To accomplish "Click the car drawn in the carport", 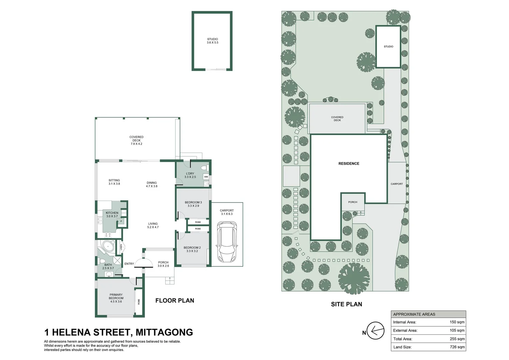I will [227, 242].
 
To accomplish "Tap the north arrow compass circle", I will [376, 331].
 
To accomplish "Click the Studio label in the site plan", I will [388, 47].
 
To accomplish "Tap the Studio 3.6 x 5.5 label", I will [213, 41].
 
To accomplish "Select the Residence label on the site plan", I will [349, 164].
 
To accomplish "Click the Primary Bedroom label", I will [116, 298].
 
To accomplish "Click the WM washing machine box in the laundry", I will [206, 177].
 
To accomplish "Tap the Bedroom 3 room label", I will [193, 204].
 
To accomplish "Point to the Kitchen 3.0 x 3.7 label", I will [112, 214].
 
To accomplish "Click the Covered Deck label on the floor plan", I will [136, 140].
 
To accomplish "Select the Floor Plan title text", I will [175, 301].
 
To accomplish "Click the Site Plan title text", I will [346, 304].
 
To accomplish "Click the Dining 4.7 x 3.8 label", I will [152, 184].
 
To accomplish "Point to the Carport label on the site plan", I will [397, 184].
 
